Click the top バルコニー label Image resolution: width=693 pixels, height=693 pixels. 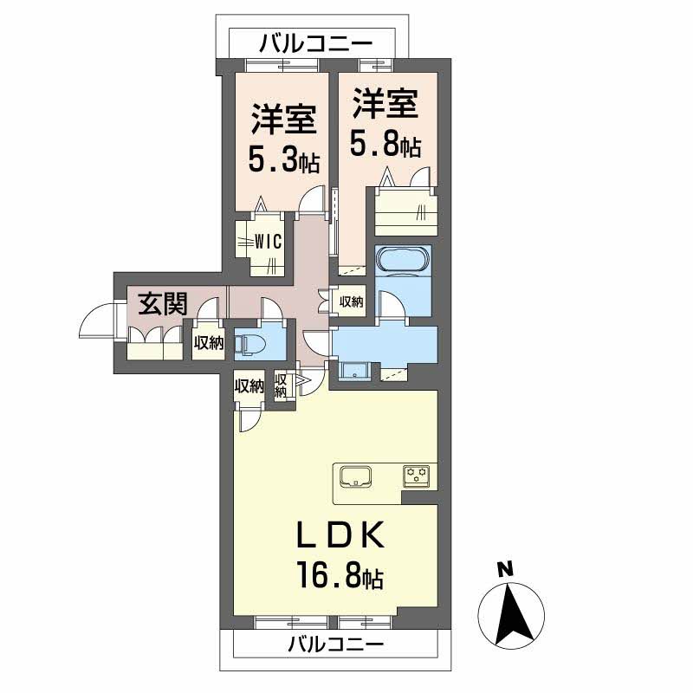pyautogui.click(x=315, y=42)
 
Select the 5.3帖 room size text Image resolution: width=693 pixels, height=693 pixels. pyautogui.click(x=284, y=159)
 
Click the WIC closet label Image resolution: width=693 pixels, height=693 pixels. pyautogui.click(x=267, y=243)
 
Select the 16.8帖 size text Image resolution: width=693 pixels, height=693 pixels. pyautogui.click(x=340, y=575)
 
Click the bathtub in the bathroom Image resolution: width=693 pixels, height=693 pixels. pyautogui.click(x=402, y=259)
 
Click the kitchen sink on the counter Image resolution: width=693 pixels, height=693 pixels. pyautogui.click(x=356, y=477)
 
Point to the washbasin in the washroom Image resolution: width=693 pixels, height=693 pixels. pyautogui.click(x=355, y=372)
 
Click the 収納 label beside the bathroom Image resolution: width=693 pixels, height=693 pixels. pyautogui.click(x=351, y=301)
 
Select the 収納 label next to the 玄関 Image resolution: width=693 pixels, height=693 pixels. pyautogui.click(x=208, y=343)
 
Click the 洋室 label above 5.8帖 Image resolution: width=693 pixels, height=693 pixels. pyautogui.click(x=385, y=105)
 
